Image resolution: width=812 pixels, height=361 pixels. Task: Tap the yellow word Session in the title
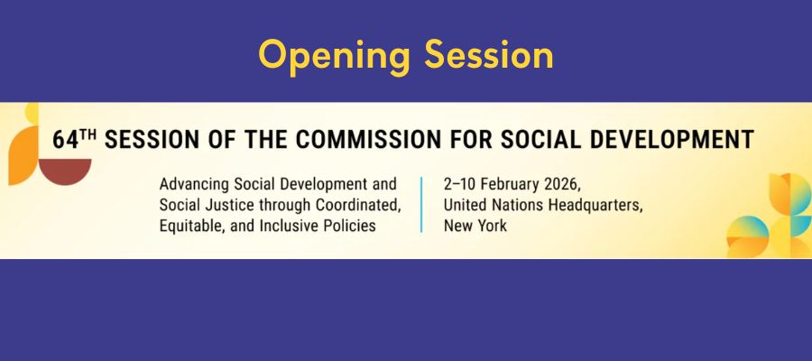tap(489, 54)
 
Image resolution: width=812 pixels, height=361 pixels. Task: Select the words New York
tap(475, 227)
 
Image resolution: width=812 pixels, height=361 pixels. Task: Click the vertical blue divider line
tap(421, 205)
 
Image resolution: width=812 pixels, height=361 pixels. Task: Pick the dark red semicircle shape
tap(65, 170)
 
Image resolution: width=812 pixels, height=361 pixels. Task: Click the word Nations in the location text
tap(519, 206)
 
